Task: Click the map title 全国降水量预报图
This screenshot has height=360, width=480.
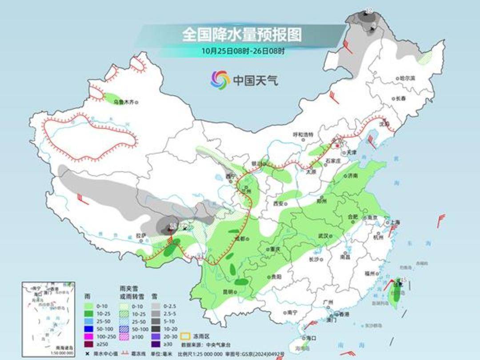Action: pyautogui.click(x=242, y=34)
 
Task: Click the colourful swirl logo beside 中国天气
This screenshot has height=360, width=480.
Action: pyautogui.click(x=219, y=80)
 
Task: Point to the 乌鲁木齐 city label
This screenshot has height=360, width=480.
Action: pyautogui.click(x=124, y=102)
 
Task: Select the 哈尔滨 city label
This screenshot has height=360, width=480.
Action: pyautogui.click(x=407, y=78)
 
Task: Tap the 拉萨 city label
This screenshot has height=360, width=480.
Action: pyautogui.click(x=140, y=235)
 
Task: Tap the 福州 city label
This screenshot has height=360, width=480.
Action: pyautogui.click(x=370, y=273)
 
